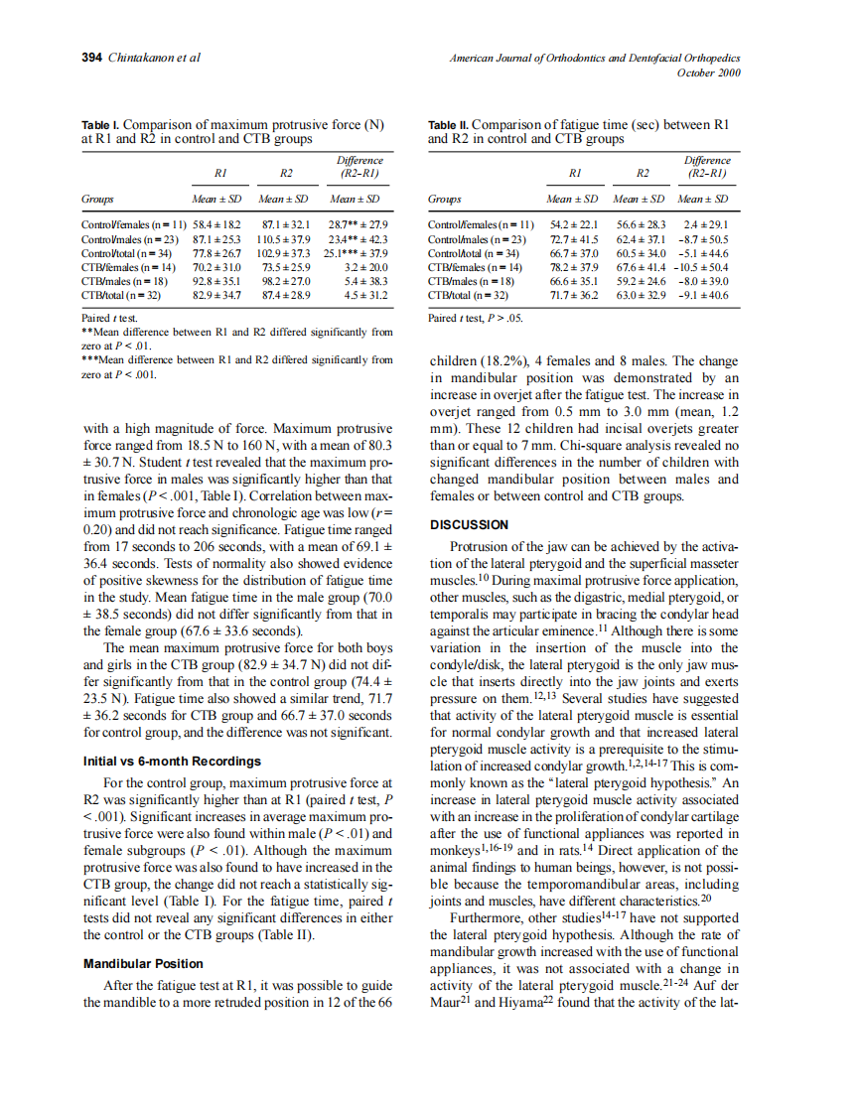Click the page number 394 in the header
(91, 58)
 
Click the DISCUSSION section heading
(469, 524)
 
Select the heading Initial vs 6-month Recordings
(172, 761)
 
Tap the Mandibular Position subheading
(143, 963)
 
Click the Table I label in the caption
(100, 125)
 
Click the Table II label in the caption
(448, 125)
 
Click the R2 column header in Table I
(286, 173)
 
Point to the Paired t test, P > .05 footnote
(475, 319)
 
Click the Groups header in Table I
(97, 199)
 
